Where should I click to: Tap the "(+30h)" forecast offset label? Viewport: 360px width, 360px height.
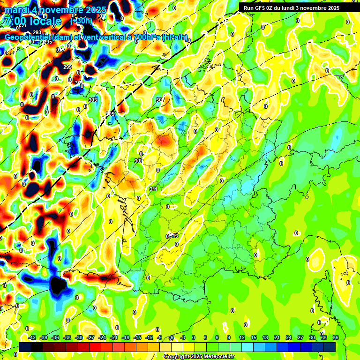(81, 21)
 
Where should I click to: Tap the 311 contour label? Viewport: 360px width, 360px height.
(153, 189)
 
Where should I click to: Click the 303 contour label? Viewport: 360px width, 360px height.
(92, 100)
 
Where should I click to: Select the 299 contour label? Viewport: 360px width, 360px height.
(67, 67)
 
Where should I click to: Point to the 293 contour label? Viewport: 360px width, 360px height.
(37, 32)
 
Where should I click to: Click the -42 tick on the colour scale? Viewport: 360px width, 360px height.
(32, 337)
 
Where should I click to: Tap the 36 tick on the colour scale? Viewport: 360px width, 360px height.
(336, 337)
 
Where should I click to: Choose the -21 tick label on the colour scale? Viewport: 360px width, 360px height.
(114, 337)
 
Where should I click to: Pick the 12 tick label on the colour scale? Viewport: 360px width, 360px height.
(241, 337)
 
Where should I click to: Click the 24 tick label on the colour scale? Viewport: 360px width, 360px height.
(288, 337)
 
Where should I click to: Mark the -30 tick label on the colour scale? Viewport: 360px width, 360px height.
(79, 337)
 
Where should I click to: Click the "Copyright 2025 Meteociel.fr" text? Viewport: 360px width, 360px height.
(199, 356)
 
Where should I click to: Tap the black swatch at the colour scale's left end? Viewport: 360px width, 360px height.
(25, 347)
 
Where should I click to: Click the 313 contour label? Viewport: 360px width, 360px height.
(174, 236)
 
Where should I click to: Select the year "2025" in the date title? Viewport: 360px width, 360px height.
(94, 10)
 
